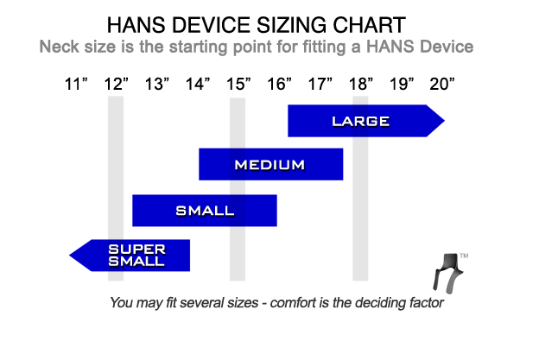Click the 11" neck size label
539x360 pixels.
[76, 84]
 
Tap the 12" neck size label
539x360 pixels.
[117, 84]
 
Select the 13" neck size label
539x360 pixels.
[157, 84]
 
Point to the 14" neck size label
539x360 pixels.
[198, 84]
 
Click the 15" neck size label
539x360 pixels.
[238, 84]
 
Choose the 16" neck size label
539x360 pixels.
[280, 84]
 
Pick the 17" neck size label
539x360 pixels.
[320, 84]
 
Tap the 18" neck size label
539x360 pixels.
[361, 84]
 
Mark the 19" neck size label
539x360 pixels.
[402, 84]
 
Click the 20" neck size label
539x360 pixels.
[442, 84]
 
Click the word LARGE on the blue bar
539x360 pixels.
[360, 121]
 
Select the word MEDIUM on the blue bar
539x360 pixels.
[269, 165]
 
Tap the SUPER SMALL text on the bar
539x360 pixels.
[136, 256]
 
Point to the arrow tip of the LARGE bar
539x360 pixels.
[445, 121]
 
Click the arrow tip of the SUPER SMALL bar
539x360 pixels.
[70, 256]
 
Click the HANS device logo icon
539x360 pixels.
[447, 274]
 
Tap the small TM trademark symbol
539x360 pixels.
[464, 256]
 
